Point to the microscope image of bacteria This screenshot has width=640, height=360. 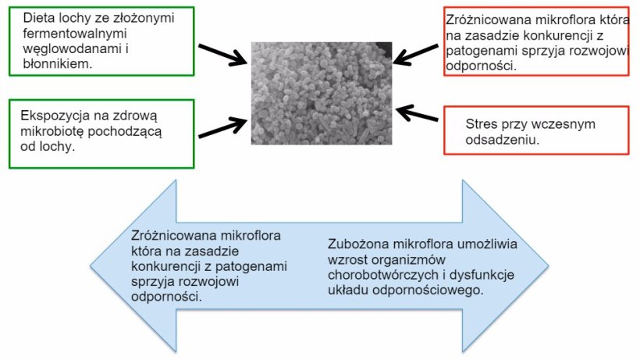(x=321, y=92)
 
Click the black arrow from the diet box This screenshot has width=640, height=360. (x=222, y=55)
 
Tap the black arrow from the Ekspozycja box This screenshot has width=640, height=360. (x=222, y=127)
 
